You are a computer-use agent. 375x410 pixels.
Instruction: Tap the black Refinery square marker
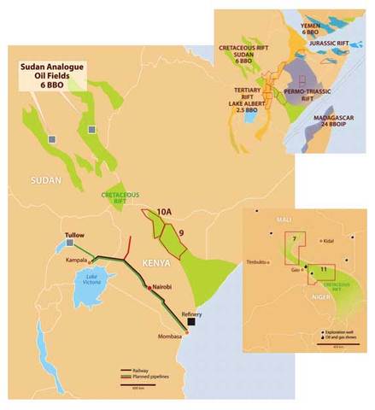click(193, 323)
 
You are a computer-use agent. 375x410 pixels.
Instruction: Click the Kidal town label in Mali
click(328, 240)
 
